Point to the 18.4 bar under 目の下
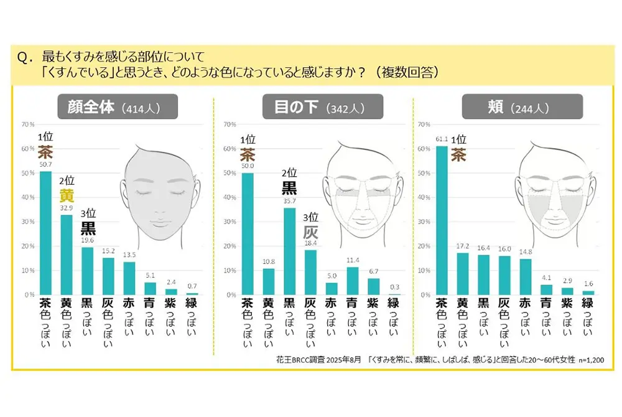pos(310,272)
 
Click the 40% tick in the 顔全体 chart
pos(29,197)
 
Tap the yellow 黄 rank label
pos(67,195)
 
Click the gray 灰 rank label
pos(310,232)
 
